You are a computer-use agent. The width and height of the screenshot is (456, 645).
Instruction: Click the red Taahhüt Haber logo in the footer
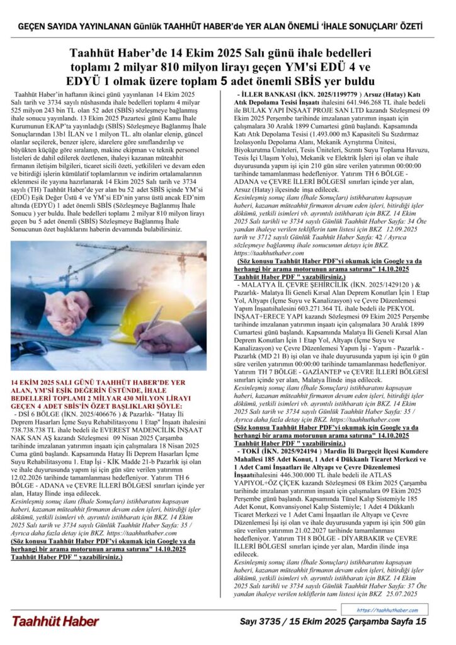coord(55,621)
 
